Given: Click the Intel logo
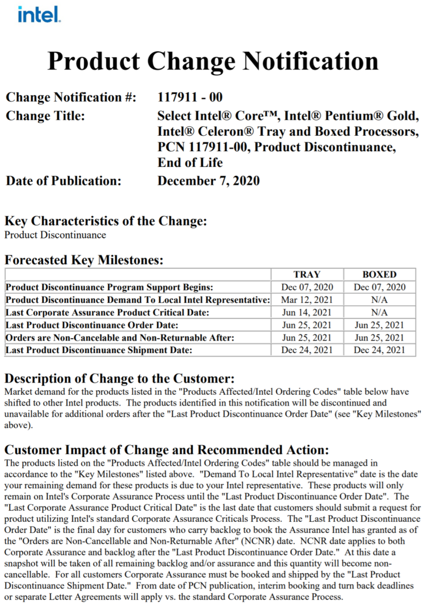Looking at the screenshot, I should [38, 15].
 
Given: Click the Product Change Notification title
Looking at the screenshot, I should [213, 61].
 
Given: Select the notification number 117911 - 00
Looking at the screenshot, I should [190, 97].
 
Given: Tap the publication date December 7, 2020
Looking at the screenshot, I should [208, 181].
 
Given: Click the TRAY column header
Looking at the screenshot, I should [306, 274].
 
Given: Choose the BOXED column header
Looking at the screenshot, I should [379, 274].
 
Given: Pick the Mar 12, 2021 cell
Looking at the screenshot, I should [306, 300].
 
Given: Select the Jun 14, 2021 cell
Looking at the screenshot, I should [306, 312].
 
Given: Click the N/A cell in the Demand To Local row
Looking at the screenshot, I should [379, 300].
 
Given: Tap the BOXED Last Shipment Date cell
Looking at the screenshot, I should [379, 350].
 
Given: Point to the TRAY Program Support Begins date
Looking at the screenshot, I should [306, 287].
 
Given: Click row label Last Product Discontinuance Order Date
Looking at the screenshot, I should [92, 325].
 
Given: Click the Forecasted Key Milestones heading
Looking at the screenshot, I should [84, 260].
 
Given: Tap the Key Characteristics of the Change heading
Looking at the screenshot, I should [106, 221].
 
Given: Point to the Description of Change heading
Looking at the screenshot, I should [120, 378].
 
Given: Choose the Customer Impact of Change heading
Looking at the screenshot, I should [170, 450].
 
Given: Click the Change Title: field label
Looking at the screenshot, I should [45, 115].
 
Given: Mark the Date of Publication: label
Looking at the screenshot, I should [63, 181].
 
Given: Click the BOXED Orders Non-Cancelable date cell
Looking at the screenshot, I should [379, 338].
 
